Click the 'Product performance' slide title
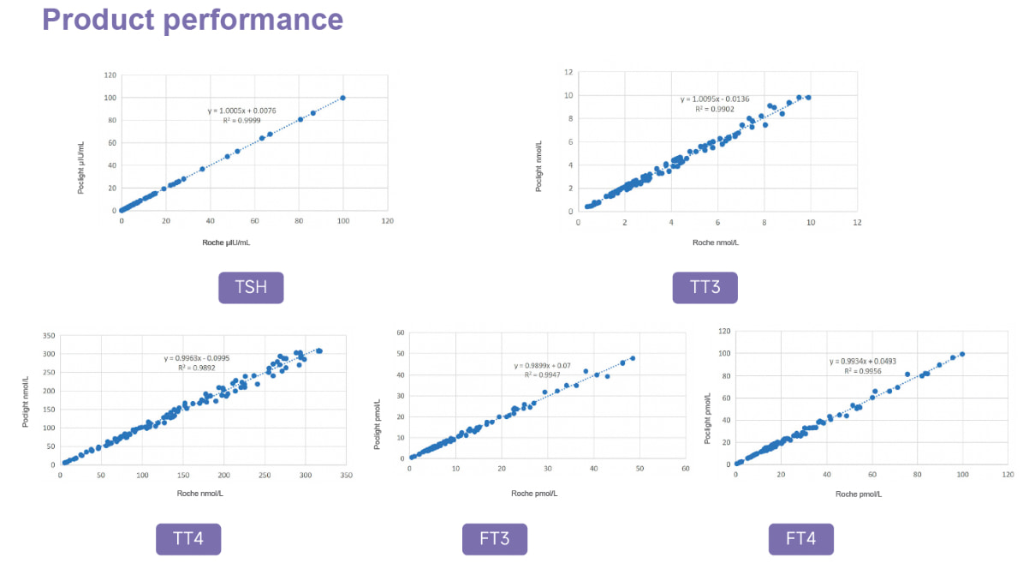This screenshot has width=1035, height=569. (x=193, y=20)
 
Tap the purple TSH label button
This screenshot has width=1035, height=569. (x=251, y=287)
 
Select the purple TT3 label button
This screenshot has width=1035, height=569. (x=705, y=287)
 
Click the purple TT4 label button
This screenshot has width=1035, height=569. (x=188, y=539)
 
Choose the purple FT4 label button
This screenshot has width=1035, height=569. (x=800, y=539)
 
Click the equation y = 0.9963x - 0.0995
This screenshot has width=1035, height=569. (x=198, y=358)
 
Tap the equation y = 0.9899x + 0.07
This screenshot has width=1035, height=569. (x=542, y=366)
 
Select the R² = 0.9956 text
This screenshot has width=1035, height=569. (x=861, y=371)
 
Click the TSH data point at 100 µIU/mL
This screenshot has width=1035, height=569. (x=343, y=98)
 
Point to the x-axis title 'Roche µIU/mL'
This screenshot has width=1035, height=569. (x=226, y=243)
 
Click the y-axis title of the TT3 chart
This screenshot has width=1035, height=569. (x=538, y=165)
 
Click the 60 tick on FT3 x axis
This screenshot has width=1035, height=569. (x=685, y=470)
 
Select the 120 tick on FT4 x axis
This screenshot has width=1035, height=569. (x=1008, y=473)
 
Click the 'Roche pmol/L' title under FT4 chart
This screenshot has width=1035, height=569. (x=859, y=494)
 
